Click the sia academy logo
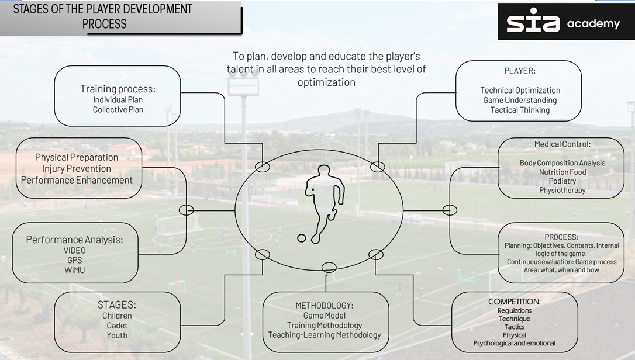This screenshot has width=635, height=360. pos(562,23)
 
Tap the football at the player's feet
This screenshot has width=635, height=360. pos(302,238)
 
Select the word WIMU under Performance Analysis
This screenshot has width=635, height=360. pos(75,270)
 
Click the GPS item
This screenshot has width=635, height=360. pos(75,260)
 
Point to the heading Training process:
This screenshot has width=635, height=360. pos(118,89)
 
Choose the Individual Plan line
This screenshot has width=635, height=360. pos(118,99)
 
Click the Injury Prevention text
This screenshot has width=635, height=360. pos(77,168)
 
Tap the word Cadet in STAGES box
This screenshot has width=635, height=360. pos(117,326)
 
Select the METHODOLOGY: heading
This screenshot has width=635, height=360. pos(324,305)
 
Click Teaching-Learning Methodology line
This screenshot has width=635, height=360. pos(325,335)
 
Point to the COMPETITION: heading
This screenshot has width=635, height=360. pos(515,302)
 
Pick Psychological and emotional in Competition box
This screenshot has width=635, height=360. pos(515,343)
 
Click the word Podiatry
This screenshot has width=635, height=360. pos(562,181)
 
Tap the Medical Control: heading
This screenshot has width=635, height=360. pos(562,144)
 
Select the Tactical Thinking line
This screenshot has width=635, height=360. pos(520,110)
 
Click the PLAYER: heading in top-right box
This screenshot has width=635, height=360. pos(520,71)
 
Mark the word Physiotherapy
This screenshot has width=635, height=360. pos(562,190)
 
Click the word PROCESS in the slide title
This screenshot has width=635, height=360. pos(104,24)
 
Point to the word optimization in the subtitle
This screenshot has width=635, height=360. pos(326,82)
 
